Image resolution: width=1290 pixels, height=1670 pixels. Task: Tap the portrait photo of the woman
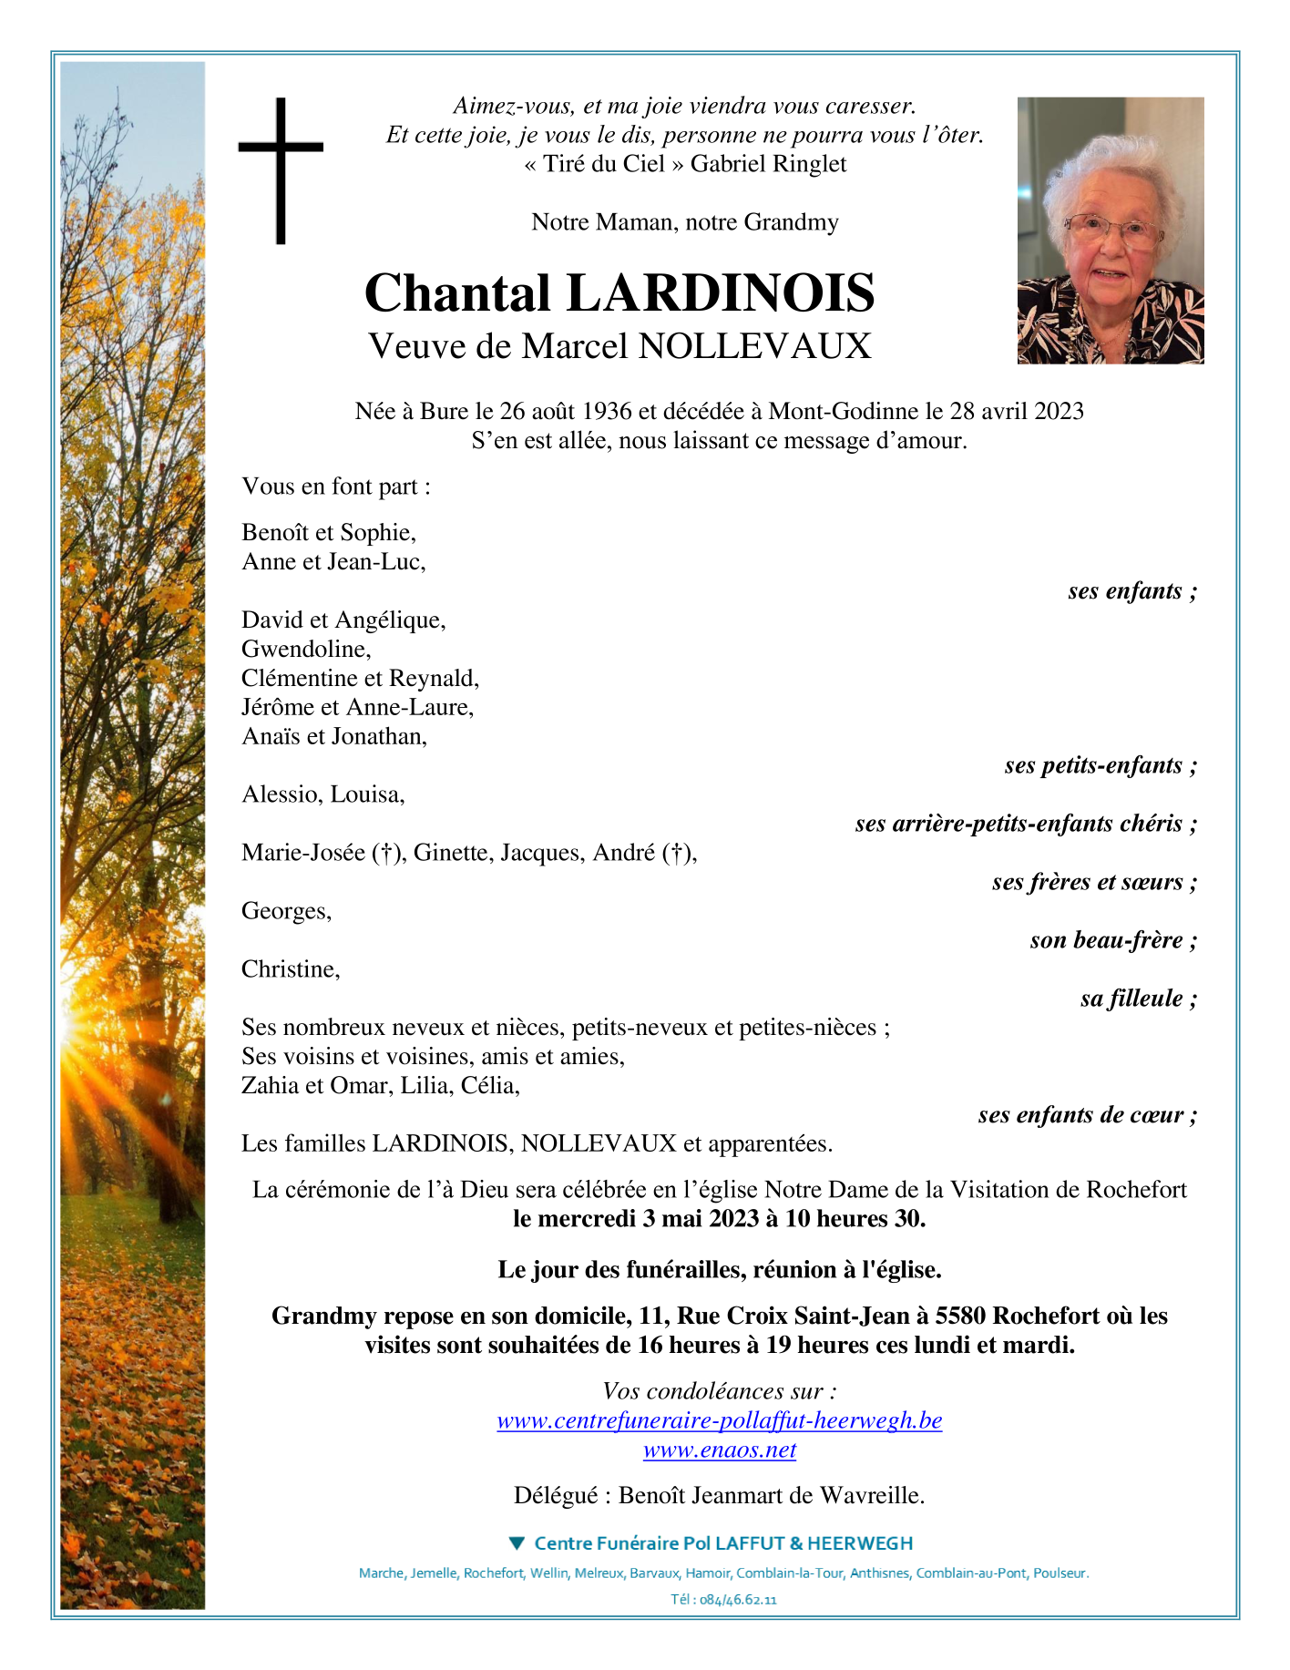1110,231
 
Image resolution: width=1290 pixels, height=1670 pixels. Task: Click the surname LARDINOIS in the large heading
720,293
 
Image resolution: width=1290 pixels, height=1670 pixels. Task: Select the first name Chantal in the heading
457,293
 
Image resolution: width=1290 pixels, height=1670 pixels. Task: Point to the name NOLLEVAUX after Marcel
755,346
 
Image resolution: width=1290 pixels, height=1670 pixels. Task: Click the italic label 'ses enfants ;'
1131,591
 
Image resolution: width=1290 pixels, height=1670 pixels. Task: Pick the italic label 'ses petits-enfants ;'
1100,765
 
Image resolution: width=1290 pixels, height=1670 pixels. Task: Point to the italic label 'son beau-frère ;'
1112,940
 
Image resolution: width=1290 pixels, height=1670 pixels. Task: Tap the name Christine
291,969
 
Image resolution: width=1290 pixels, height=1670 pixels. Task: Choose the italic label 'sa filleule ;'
1138,999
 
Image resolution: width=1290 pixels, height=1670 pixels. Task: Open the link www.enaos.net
720,1450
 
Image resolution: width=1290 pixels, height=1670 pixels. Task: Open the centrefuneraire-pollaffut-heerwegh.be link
720,1420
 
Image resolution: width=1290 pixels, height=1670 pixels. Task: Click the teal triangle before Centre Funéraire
517,1543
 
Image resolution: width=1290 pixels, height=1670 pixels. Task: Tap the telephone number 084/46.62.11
738,1600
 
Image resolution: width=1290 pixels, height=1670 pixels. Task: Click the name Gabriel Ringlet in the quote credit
768,164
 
